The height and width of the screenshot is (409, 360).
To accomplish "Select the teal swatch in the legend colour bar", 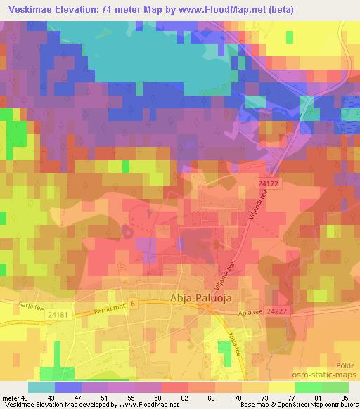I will (41, 387).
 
